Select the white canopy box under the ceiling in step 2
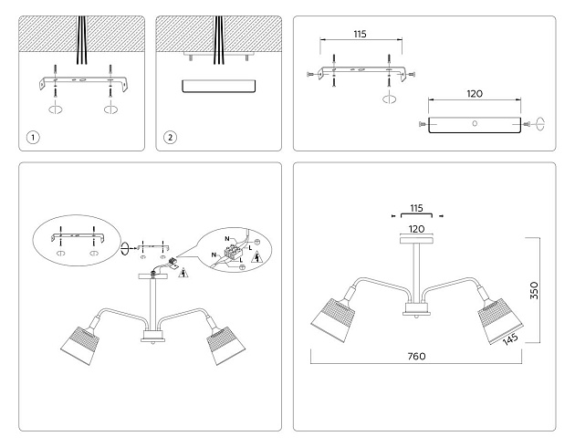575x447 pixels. tap(219, 87)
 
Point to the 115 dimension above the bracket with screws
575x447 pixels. tap(359, 34)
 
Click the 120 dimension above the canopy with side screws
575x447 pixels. tap(474, 93)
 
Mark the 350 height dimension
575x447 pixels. tap(537, 290)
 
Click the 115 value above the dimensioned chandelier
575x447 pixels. tap(415, 207)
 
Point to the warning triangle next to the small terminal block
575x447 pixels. tap(185, 273)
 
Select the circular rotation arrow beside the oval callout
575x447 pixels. tap(125, 246)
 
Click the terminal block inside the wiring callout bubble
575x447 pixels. tap(236, 250)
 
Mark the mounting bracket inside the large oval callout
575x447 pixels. tap(77, 233)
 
